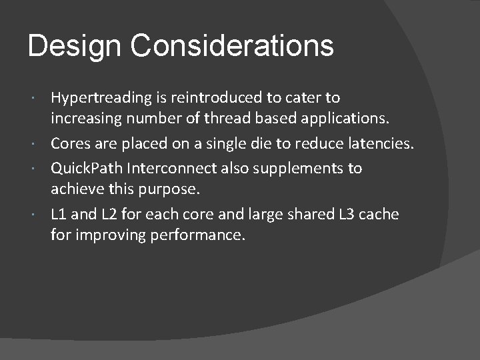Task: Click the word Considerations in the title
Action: click(232, 47)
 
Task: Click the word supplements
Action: click(296, 168)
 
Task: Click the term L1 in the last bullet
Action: click(60, 214)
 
